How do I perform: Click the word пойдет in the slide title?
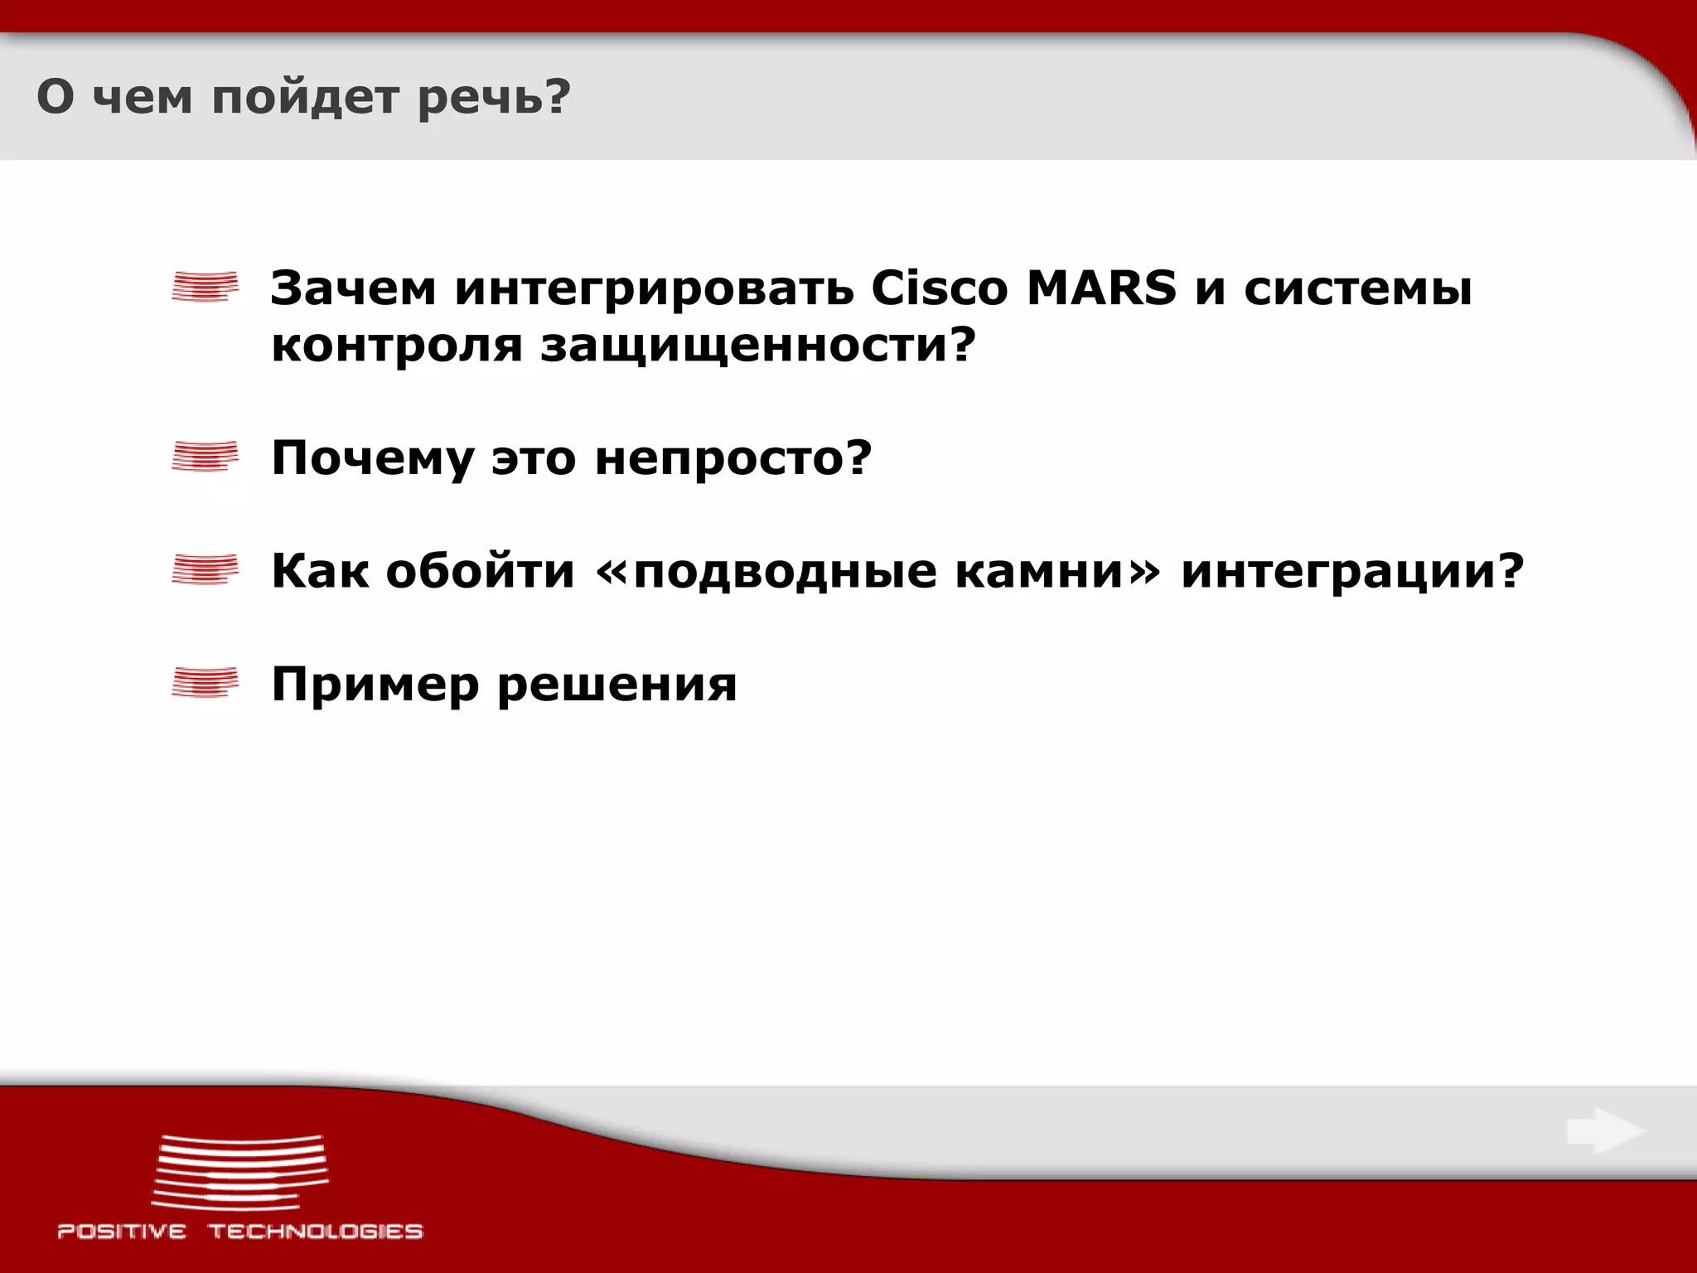304,98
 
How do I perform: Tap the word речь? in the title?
495,98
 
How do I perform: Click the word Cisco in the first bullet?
940,288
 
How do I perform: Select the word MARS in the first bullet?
1101,288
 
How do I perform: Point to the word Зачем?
354,288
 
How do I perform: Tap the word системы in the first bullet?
1358,290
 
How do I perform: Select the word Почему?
373,459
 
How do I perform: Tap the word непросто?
733,459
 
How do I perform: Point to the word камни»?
1058,572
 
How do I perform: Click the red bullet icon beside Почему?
205,457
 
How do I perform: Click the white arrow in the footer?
1605,1131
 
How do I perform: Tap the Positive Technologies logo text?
240,1232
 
